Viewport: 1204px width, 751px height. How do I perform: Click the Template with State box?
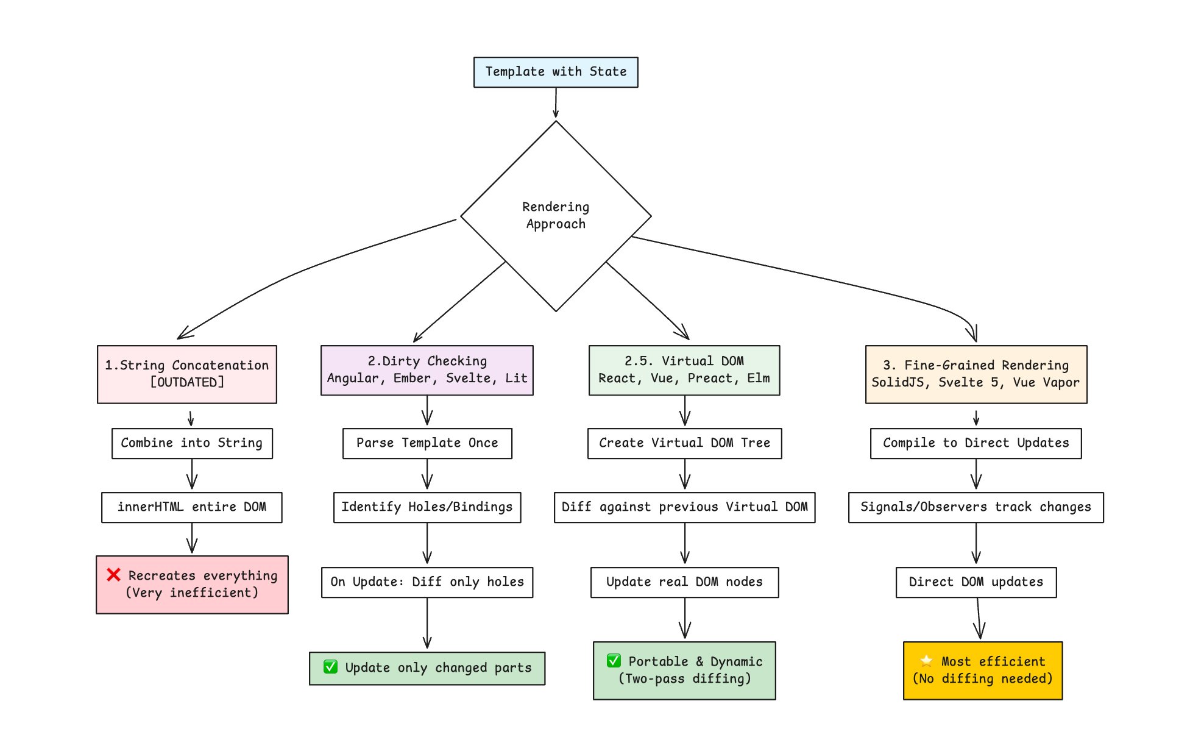tap(556, 72)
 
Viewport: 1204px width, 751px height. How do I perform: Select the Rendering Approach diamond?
tap(556, 216)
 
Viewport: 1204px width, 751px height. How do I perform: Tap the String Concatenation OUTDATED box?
tap(187, 374)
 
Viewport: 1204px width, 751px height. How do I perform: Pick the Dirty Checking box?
tap(427, 370)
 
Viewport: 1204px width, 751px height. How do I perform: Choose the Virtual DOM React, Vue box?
tap(684, 370)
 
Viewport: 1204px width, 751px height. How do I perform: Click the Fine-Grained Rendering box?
tap(976, 374)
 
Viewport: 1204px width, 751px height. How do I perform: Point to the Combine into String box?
tap(192, 443)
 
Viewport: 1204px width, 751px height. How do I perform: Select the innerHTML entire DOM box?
tap(192, 507)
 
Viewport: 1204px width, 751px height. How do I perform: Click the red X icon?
tap(113, 574)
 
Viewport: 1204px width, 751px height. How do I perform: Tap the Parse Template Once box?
tap(427, 443)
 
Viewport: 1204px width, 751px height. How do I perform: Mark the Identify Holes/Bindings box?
tap(427, 507)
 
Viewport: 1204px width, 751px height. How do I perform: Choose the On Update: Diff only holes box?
tap(427, 582)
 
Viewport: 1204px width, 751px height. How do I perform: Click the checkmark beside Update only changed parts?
tap(331, 667)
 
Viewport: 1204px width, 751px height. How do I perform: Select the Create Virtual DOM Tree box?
tap(684, 443)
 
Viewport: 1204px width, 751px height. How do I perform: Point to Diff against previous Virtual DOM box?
tap(684, 507)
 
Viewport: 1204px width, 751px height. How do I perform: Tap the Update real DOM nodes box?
tap(684, 582)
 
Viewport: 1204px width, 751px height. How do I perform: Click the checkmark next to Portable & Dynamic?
tap(614, 661)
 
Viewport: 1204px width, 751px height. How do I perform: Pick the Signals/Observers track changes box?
tap(976, 507)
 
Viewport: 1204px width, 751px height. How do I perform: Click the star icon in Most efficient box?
tap(926, 661)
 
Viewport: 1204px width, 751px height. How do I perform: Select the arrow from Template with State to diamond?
tap(556, 102)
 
